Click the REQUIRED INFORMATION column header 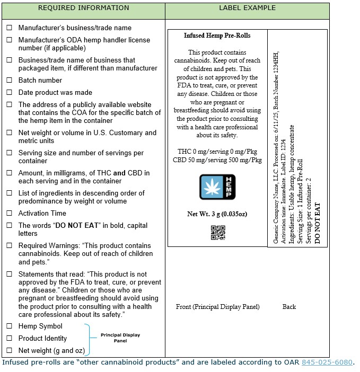(x=83, y=8)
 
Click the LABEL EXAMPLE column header (x=247, y=8)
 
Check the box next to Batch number (x=9, y=81)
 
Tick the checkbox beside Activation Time (x=9, y=214)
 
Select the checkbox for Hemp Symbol (x=9, y=326)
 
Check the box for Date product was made (x=9, y=93)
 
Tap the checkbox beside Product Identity (x=9, y=339)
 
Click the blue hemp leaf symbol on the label (x=217, y=187)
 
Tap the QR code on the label (x=217, y=233)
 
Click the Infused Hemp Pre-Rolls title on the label (x=217, y=36)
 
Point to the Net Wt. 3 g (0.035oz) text (x=217, y=215)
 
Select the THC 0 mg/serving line (x=217, y=152)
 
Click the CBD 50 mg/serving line (x=217, y=160)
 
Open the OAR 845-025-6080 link (x=327, y=363)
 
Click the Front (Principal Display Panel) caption (x=217, y=307)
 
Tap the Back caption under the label (x=289, y=307)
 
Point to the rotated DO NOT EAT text (x=318, y=223)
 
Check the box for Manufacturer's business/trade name (x=9, y=28)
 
